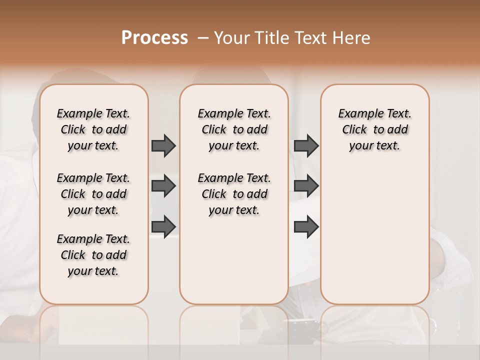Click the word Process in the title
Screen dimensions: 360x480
point(154,38)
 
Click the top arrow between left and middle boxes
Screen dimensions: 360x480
point(163,145)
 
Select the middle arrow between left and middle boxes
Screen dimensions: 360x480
point(163,186)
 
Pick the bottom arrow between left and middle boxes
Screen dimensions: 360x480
point(163,226)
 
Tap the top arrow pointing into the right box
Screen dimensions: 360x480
point(306,145)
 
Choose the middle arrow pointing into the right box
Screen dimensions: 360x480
point(306,186)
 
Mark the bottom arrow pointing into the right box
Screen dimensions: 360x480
point(306,226)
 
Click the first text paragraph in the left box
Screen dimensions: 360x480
point(93,129)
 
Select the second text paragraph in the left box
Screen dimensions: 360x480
point(93,194)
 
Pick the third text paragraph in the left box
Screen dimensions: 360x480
point(93,255)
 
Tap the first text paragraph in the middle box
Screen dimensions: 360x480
point(234,129)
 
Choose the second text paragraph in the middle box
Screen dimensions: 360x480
point(234,194)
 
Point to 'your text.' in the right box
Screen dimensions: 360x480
point(374,146)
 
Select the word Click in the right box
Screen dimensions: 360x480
point(354,130)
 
